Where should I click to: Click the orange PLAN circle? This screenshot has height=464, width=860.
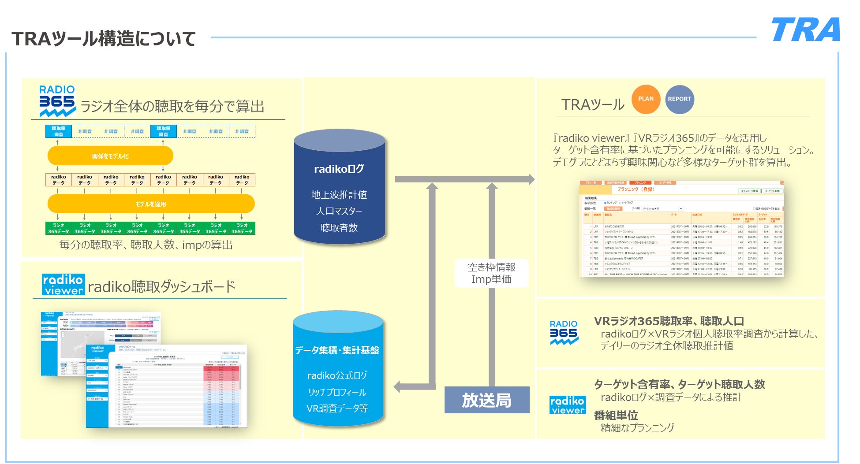click(646, 99)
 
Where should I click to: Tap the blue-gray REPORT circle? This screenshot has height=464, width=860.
click(679, 99)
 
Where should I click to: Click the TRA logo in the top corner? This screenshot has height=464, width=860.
click(805, 30)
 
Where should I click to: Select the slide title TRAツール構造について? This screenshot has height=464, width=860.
click(104, 39)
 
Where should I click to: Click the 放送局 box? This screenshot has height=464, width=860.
click(486, 400)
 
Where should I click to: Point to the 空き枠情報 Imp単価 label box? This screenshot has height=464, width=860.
click(491, 273)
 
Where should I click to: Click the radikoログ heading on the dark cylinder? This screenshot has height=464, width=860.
click(339, 169)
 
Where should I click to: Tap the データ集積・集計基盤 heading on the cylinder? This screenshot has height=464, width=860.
click(337, 350)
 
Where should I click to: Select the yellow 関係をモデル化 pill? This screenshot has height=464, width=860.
click(110, 156)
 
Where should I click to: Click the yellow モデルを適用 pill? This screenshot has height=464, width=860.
click(151, 204)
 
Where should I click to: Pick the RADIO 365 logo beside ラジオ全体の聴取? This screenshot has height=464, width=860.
click(57, 101)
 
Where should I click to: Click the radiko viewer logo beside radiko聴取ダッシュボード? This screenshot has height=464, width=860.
click(63, 285)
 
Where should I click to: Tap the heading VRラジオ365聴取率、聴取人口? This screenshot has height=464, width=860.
click(669, 321)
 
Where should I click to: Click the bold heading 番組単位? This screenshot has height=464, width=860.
click(616, 415)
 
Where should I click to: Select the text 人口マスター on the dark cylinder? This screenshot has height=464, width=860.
click(339, 211)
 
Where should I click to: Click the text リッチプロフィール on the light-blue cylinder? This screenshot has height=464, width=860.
click(337, 392)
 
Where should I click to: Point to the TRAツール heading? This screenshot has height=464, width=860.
click(593, 105)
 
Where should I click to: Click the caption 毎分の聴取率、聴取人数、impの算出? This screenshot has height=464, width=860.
click(146, 245)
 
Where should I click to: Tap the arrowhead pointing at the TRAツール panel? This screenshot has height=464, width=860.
click(531, 179)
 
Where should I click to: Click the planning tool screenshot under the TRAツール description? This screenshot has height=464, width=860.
click(681, 228)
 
